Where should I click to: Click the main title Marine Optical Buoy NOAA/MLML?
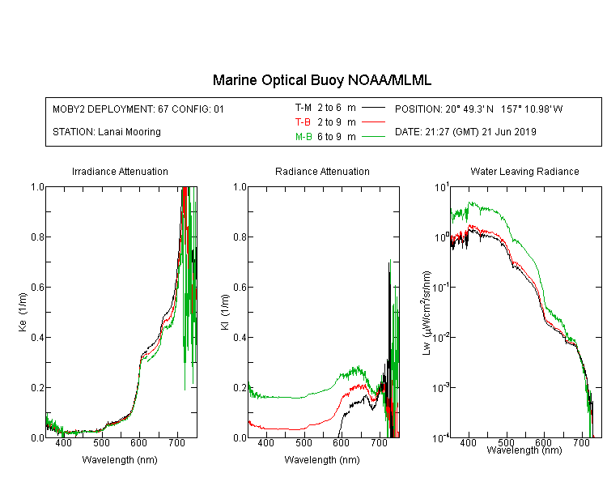[321, 80]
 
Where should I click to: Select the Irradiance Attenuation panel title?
[120, 171]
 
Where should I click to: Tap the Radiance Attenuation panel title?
[322, 171]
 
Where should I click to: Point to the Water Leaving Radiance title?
[524, 171]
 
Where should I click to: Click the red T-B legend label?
[303, 122]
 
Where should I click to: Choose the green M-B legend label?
[303, 136]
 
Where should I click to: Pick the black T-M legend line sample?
[373, 108]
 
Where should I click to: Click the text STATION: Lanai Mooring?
[107, 132]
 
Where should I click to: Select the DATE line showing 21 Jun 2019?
[465, 132]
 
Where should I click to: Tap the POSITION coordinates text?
[478, 109]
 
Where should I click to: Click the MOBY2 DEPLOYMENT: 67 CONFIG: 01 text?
[138, 109]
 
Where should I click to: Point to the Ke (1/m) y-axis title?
[23, 312]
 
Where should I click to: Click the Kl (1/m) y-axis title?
[225, 312]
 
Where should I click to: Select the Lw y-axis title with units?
[427, 313]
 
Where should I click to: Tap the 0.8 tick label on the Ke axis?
[38, 237]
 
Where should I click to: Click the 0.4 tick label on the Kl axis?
[240, 337]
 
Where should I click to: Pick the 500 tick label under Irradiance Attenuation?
[101, 442]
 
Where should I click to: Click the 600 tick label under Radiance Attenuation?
[341, 442]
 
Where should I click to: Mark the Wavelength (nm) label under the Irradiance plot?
[120, 460]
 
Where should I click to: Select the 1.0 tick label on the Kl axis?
[240, 187]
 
